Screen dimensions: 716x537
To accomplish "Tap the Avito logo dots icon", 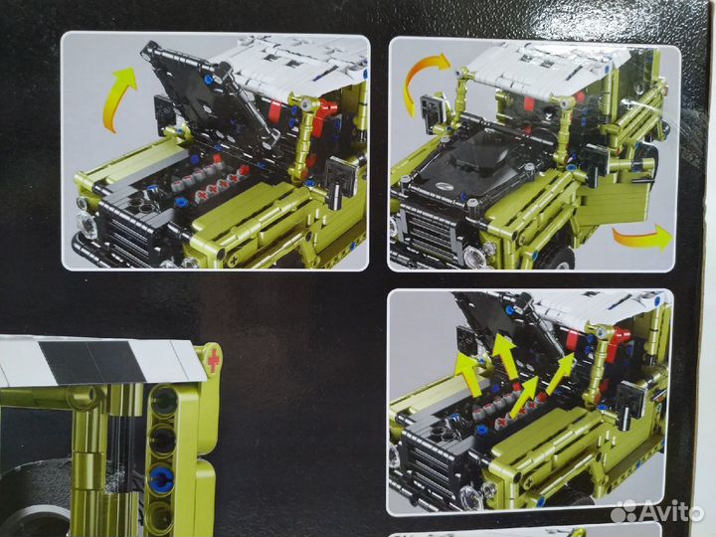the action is click(624, 511).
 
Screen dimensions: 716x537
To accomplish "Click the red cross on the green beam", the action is click(213, 360).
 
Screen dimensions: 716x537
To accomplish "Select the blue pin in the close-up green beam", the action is click(162, 478).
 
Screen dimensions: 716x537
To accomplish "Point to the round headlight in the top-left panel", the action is click(89, 225).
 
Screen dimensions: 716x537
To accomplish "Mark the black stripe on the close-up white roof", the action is click(92, 362).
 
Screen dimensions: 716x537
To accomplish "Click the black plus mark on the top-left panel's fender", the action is click(234, 261).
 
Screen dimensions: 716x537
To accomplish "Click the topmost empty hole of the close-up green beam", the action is click(163, 401).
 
